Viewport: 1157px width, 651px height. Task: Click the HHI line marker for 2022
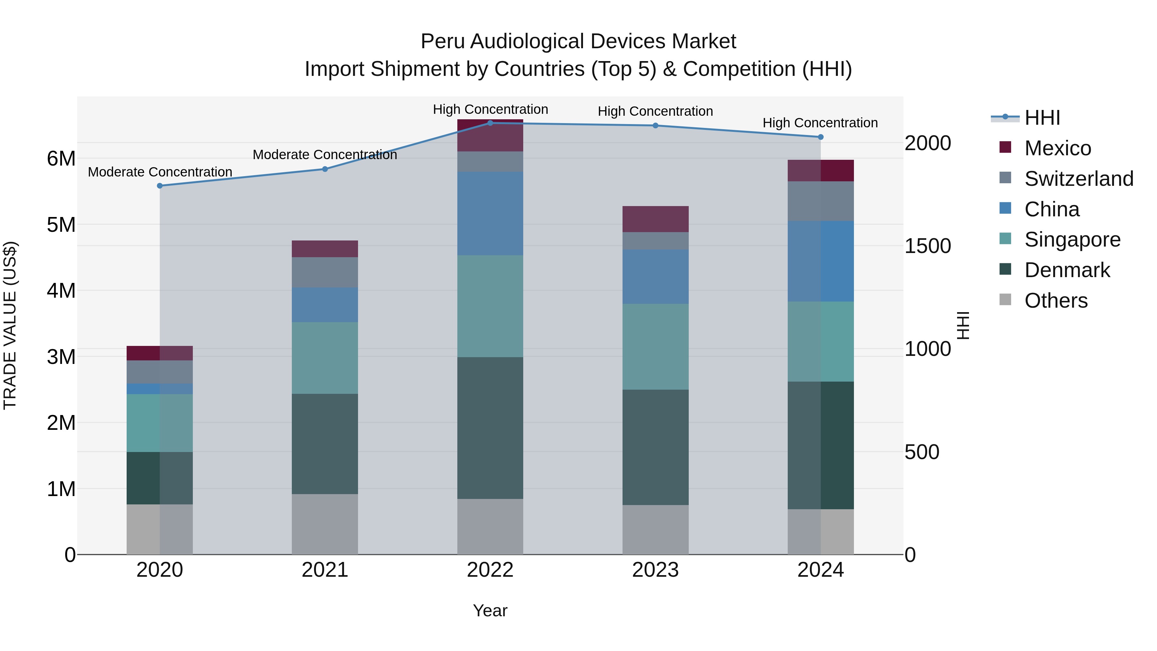pyautogui.click(x=490, y=123)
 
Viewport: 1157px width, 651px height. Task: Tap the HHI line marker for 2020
pyautogui.click(x=160, y=185)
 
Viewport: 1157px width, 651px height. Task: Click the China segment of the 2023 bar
pyautogui.click(x=655, y=277)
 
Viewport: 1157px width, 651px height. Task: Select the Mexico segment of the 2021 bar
pyautogui.click(x=325, y=249)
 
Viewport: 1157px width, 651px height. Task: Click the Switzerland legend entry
pyautogui.click(x=1078, y=178)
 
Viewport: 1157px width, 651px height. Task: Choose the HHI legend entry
pyautogui.click(x=1042, y=117)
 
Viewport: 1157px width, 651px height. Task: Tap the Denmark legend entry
pyautogui.click(x=1067, y=270)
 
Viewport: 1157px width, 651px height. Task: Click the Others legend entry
pyautogui.click(x=1055, y=301)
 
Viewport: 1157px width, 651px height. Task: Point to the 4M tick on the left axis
pyautogui.click(x=61, y=291)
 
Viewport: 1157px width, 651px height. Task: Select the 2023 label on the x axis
pyautogui.click(x=655, y=570)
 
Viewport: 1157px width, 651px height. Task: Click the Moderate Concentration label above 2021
pyautogui.click(x=325, y=155)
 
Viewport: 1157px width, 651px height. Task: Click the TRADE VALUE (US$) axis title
pyautogui.click(x=10, y=325)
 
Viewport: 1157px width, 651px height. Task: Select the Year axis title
pyautogui.click(x=490, y=610)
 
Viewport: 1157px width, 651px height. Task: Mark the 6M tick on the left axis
pyautogui.click(x=61, y=158)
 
